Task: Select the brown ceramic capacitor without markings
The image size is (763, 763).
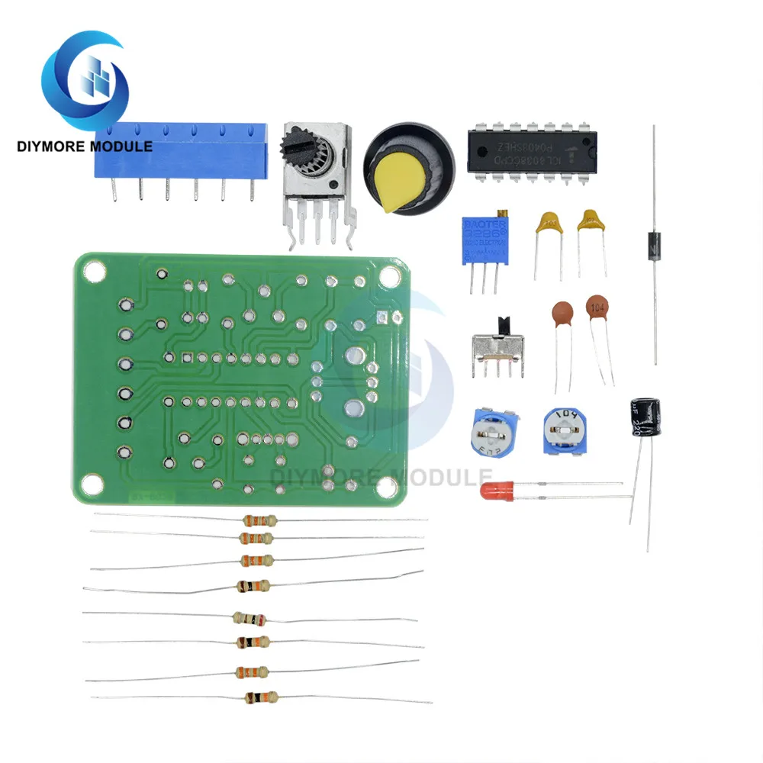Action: (x=562, y=313)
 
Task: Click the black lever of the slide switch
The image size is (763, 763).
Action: (x=503, y=323)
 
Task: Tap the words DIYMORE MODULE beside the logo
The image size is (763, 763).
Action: (x=85, y=146)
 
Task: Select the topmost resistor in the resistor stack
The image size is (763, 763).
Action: (x=257, y=521)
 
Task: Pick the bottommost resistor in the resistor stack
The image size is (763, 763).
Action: (x=259, y=697)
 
